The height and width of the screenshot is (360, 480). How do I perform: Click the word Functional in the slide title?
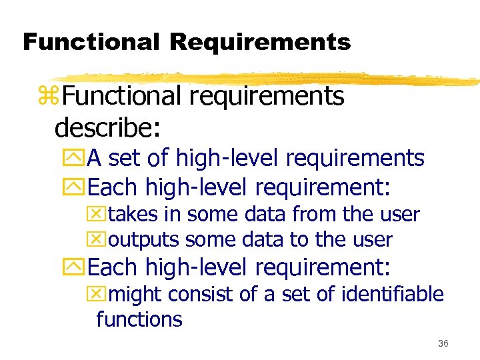[90, 42]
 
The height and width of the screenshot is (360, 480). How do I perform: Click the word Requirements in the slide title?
[260, 42]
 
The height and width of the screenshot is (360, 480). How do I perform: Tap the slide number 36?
[443, 344]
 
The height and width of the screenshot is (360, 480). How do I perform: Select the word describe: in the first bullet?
[109, 125]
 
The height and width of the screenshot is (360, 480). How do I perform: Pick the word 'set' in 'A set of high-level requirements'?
[123, 159]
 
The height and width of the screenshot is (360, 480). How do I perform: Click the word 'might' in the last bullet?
[136, 294]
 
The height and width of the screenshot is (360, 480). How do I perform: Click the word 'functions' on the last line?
[139, 319]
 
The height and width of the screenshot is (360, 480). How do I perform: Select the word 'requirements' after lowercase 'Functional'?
[267, 97]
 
